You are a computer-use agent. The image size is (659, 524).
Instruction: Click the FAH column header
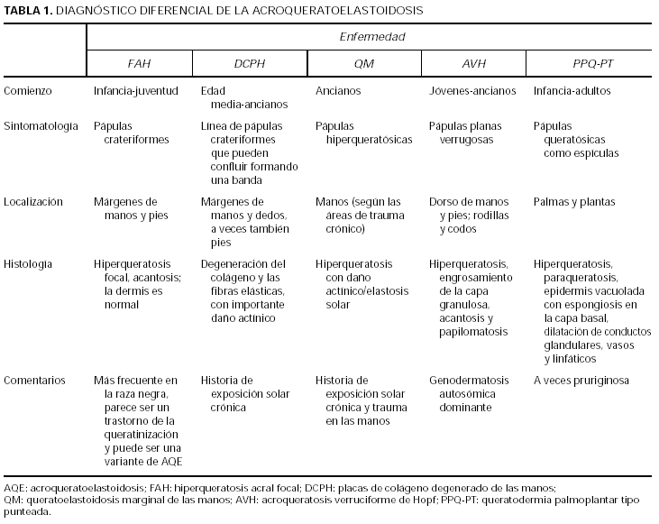pyautogui.click(x=139, y=63)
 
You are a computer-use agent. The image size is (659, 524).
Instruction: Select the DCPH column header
pyautogui.click(x=251, y=63)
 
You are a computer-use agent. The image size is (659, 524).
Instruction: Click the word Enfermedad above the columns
pyautogui.click(x=371, y=37)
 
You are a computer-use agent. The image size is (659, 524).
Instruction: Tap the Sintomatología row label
pyautogui.click(x=41, y=126)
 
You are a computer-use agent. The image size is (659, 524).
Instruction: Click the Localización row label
pyautogui.click(x=33, y=202)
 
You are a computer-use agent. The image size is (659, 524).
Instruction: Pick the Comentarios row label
pyautogui.click(x=33, y=381)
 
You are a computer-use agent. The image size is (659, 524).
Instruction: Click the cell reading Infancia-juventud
pyautogui.click(x=136, y=91)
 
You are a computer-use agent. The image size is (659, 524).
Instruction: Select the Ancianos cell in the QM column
pyautogui.click(x=338, y=91)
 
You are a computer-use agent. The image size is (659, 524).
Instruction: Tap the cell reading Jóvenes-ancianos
pyautogui.click(x=472, y=91)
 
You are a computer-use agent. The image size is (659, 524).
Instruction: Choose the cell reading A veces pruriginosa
pyautogui.click(x=581, y=381)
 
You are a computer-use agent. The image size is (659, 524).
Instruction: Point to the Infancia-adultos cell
pyautogui.click(x=572, y=91)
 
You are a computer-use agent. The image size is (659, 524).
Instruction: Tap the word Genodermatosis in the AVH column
pyautogui.click(x=469, y=381)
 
